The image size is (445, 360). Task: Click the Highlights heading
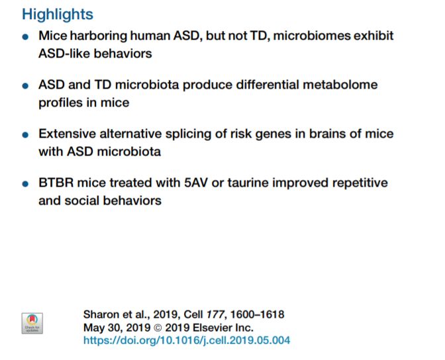pyautogui.click(x=58, y=14)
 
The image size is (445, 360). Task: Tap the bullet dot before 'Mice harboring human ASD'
pyautogui.click(x=25, y=36)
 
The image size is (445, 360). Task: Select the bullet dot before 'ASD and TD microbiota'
pyautogui.click(x=25, y=85)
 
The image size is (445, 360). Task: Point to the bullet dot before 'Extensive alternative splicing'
pyautogui.click(x=25, y=135)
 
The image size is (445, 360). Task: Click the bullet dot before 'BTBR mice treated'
pyautogui.click(x=25, y=184)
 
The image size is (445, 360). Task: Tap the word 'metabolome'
pyautogui.click(x=340, y=85)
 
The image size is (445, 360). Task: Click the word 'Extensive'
pyautogui.click(x=67, y=134)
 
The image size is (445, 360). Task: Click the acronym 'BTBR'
pyautogui.click(x=56, y=183)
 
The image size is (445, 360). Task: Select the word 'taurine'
pyautogui.click(x=248, y=183)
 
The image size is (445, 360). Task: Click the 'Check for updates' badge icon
pyautogui.click(x=32, y=324)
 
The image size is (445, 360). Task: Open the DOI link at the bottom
pyautogui.click(x=187, y=340)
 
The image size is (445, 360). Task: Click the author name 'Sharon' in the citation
pyautogui.click(x=101, y=314)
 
